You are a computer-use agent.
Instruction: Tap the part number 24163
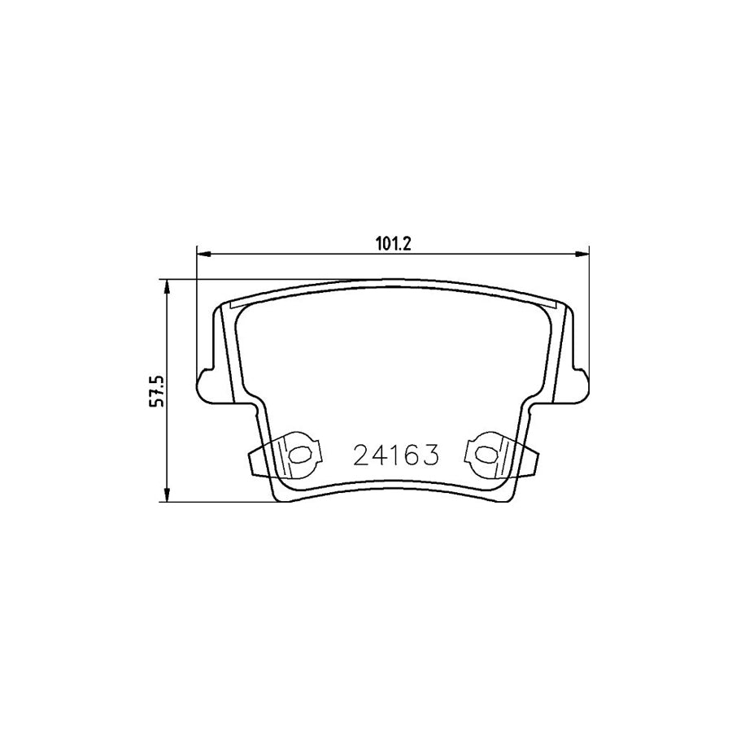point(396,455)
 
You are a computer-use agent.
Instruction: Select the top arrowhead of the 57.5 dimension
point(168,287)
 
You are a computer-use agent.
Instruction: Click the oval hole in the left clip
point(299,455)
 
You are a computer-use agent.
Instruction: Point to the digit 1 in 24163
point(396,455)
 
